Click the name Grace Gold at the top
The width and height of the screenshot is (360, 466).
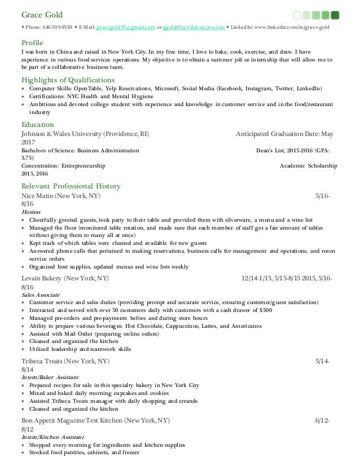click(x=41, y=14)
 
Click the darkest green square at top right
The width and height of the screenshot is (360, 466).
click(x=335, y=15)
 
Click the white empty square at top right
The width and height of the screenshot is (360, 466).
click(x=297, y=15)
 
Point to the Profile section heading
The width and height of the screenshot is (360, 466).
click(x=32, y=42)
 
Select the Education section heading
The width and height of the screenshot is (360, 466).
click(x=37, y=124)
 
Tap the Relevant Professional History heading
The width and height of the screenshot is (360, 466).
click(x=71, y=186)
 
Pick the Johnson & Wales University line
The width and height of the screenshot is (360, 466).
click(x=85, y=134)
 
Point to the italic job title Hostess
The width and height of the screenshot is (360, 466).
click(x=30, y=211)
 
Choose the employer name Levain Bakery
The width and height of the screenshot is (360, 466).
click(x=42, y=279)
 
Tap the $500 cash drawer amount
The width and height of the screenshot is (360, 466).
click(x=264, y=310)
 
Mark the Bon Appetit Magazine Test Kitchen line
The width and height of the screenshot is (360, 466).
click(x=95, y=421)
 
